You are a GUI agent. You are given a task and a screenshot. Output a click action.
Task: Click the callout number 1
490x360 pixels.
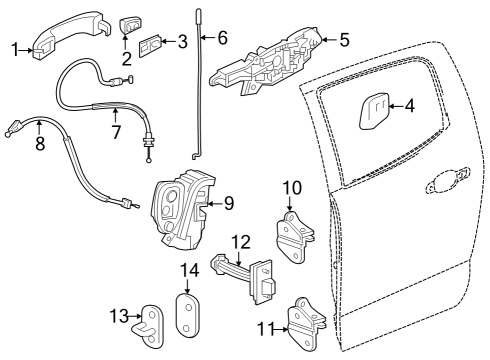pyautogui.click(x=15, y=46)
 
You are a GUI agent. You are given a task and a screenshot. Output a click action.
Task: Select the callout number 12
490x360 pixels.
pyautogui.click(x=240, y=241)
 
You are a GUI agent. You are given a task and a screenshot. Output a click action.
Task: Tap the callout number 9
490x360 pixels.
pyautogui.click(x=228, y=203)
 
